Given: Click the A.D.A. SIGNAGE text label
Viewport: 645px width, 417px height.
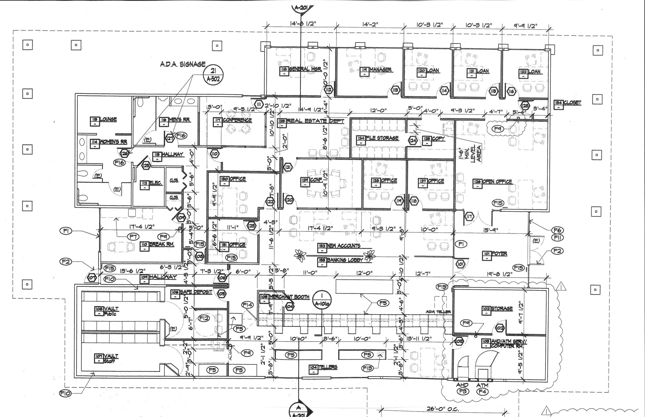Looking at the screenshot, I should [182, 64].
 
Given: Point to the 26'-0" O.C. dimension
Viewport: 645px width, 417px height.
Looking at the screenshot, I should [442, 409].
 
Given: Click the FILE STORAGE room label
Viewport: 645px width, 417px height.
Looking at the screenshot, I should [382, 138].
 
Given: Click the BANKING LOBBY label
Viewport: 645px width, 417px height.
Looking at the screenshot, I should [345, 260].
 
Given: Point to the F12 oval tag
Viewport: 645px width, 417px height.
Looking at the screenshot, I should [204, 318].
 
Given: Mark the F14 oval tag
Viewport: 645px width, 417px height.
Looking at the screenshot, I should [247, 305].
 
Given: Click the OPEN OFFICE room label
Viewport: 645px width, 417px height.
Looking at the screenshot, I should [497, 182].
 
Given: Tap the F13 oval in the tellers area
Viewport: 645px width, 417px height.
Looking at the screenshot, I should [368, 368].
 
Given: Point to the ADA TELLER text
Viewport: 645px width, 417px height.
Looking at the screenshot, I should [438, 312].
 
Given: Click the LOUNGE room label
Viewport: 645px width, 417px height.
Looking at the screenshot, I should [108, 119].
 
